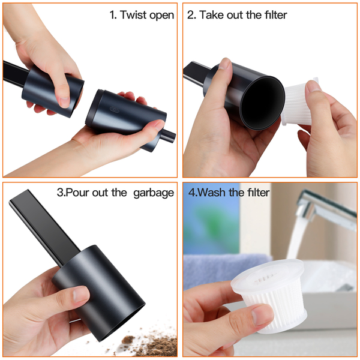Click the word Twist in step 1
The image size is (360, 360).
pos(133,15)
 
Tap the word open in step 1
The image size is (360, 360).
pos(161,16)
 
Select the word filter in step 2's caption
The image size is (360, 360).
pos(276,15)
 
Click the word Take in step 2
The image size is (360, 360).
pos(212,15)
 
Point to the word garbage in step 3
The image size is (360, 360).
pos(154,193)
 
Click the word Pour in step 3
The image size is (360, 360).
pos(79,192)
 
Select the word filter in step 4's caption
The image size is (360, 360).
pos(258,192)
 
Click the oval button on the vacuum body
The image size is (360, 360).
pos(115,110)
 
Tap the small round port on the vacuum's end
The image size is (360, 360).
pos(168,136)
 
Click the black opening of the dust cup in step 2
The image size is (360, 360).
pos(262,103)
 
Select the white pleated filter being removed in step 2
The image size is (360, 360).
pos(298,103)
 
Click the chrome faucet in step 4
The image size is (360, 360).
pos(326,209)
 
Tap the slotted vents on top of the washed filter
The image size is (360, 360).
pos(264,277)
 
